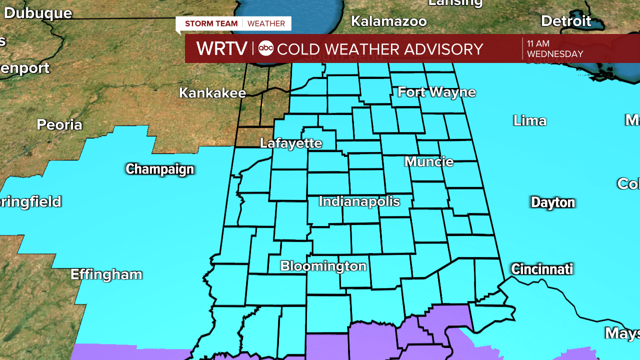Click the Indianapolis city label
(x=359, y=201)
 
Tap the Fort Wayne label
(x=436, y=92)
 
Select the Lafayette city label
(x=291, y=143)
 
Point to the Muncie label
(x=429, y=162)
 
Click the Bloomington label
(x=323, y=266)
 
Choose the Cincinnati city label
(x=541, y=269)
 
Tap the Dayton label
(x=552, y=202)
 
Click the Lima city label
(x=529, y=121)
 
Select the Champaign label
(x=159, y=169)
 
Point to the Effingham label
(x=106, y=274)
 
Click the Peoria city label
(x=59, y=125)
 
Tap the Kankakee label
(x=212, y=93)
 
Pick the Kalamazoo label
(x=388, y=21)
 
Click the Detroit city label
(x=566, y=21)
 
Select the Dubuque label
(x=38, y=13)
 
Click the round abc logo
(x=266, y=48)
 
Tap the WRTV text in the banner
(x=221, y=48)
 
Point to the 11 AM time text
(x=538, y=44)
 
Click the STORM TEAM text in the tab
(x=211, y=23)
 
